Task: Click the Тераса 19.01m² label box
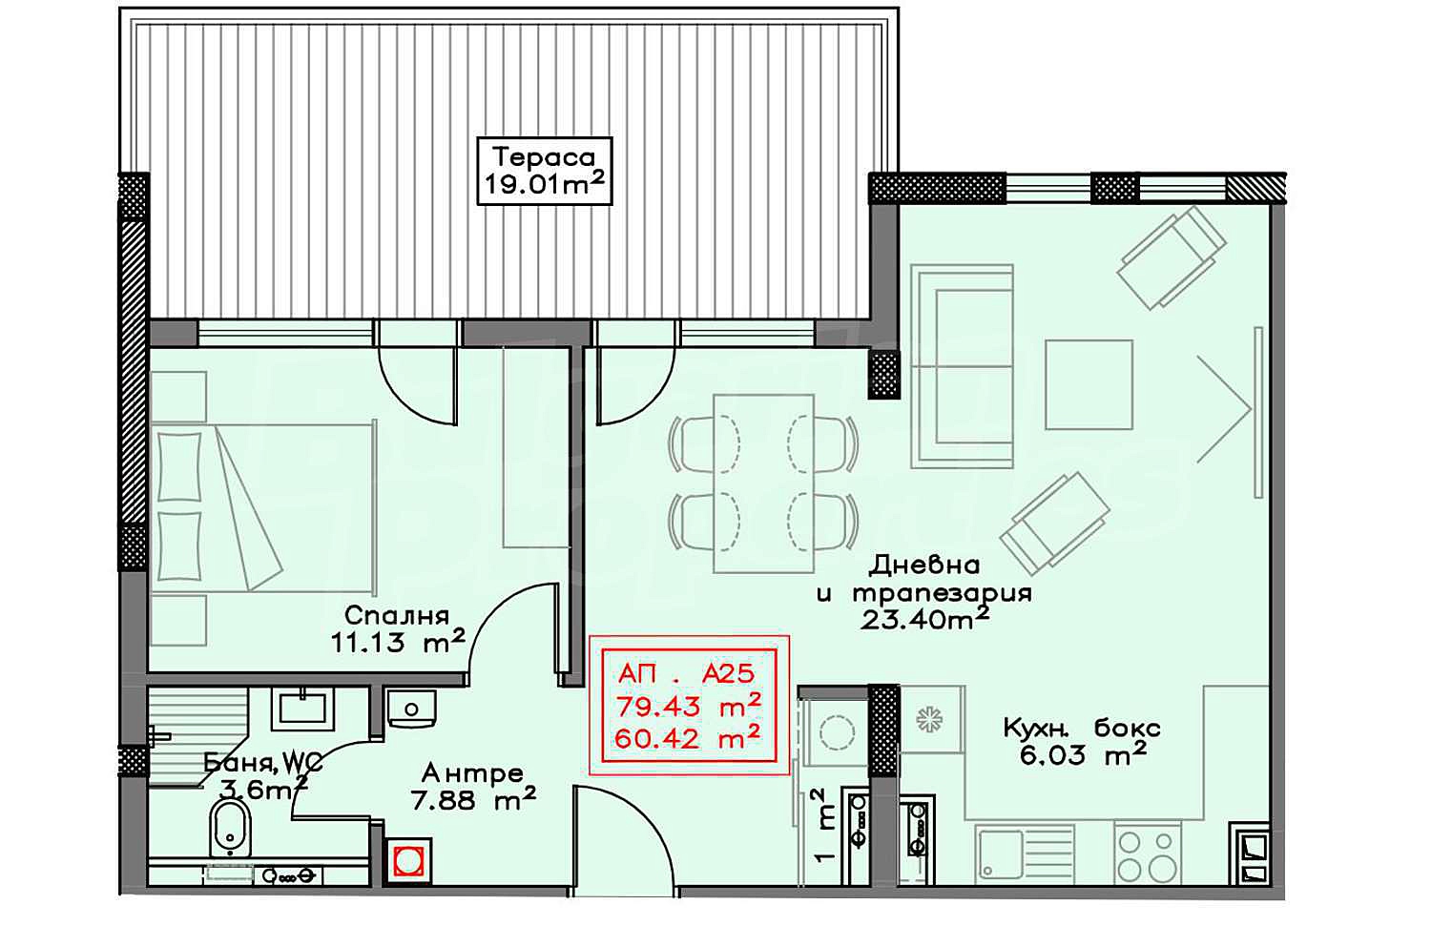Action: (545, 171)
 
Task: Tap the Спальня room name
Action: (397, 616)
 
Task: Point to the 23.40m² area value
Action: (925, 619)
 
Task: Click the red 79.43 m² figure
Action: (688, 706)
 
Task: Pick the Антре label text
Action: (473, 773)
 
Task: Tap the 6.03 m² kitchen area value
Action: (1084, 755)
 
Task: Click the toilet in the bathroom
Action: (231, 829)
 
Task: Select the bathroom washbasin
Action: (302, 709)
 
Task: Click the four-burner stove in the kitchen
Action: (1148, 853)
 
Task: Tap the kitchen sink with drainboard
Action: (1025, 854)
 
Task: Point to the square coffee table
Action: (1089, 384)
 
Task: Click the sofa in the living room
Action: (962, 366)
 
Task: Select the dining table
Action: (763, 483)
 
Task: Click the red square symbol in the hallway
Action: (407, 861)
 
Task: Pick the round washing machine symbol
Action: (837, 732)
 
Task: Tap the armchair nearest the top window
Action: (1171, 257)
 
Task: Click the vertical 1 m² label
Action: (825, 825)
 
